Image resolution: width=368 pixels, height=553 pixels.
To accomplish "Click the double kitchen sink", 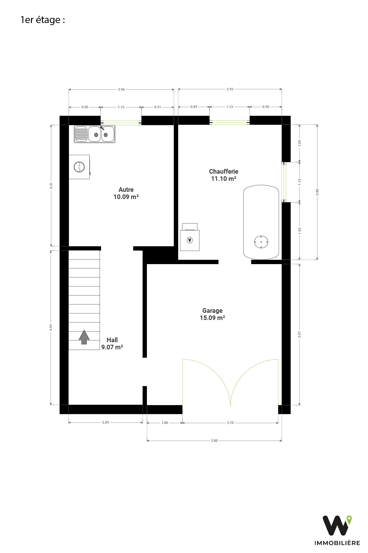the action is [x=95, y=134].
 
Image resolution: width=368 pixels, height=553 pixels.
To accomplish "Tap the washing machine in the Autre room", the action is [x=79, y=167].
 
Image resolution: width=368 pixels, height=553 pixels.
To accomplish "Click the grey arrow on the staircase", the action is [x=84, y=337].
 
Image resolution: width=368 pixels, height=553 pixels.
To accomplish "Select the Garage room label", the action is [x=212, y=314].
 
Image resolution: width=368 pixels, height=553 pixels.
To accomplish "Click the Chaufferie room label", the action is [x=224, y=175].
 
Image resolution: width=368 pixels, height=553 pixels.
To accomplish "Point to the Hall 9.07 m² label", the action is [x=112, y=344].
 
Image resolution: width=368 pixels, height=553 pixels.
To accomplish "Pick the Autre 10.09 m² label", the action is [x=126, y=193].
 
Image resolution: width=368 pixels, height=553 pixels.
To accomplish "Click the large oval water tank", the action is [x=261, y=222].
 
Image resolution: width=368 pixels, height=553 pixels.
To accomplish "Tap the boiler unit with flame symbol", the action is [x=190, y=237].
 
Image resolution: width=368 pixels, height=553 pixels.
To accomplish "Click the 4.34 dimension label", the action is [x=51, y=327].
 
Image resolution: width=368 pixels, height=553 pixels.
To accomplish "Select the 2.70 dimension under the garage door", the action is [x=230, y=423].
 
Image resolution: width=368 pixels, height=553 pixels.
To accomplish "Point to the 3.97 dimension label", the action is [x=300, y=334].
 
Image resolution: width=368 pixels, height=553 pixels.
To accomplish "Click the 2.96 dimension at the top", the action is [x=121, y=90].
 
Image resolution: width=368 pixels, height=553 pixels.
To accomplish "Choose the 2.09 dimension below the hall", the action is [x=106, y=423].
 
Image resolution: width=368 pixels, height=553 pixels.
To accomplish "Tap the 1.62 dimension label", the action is [x=300, y=231].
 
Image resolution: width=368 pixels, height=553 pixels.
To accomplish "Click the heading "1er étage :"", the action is [x=43, y=20].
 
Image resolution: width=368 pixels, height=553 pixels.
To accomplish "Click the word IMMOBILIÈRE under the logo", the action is [x=337, y=543].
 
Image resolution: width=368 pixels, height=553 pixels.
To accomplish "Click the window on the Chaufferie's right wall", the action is [x=284, y=182].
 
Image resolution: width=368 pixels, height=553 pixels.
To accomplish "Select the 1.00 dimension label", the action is [x=165, y=423].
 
